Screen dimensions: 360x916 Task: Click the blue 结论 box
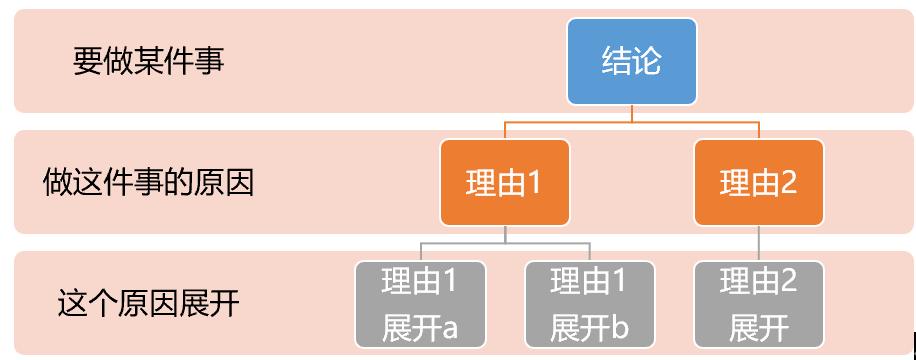[631, 62]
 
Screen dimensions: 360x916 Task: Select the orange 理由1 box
[504, 182]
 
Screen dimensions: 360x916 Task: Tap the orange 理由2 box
[758, 182]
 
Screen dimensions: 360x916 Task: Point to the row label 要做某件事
[148, 61]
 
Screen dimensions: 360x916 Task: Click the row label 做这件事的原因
[148, 182]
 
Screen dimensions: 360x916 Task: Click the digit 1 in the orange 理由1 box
[533, 183]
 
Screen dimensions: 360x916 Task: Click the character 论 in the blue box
[646, 62]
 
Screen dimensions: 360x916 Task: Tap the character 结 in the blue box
[616, 62]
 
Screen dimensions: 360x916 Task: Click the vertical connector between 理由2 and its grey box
[758, 243]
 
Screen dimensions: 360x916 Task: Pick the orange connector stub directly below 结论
[631, 113]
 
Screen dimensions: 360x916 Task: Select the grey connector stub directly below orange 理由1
[505, 234]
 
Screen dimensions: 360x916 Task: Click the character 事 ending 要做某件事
[209, 61]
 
